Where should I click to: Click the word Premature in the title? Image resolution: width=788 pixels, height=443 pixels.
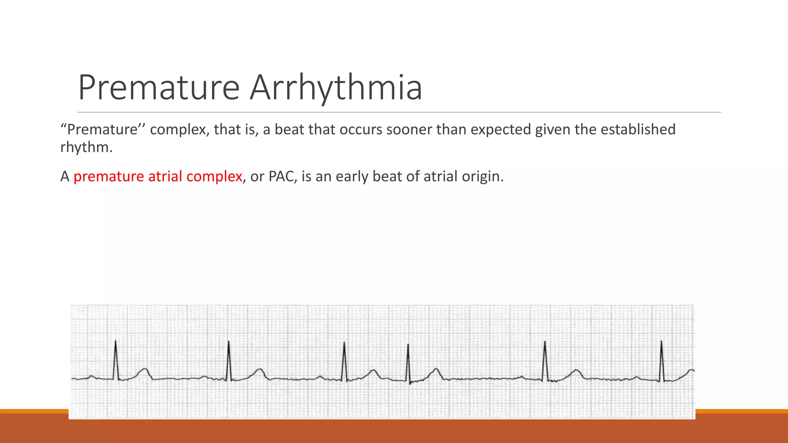[159, 88]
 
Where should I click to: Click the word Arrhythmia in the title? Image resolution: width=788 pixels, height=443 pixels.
[336, 88]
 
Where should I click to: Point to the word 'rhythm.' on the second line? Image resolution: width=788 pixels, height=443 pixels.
[87, 147]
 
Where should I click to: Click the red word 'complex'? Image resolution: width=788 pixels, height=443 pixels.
[214, 177]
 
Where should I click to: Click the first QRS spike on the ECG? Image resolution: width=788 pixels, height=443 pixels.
[116, 360]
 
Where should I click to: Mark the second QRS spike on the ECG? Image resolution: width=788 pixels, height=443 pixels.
[229, 360]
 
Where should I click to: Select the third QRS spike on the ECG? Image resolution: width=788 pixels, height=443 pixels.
[344, 361]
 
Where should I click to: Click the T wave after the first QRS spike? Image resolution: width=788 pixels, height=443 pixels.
[144, 371]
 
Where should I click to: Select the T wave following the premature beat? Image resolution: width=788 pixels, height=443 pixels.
[436, 371]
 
